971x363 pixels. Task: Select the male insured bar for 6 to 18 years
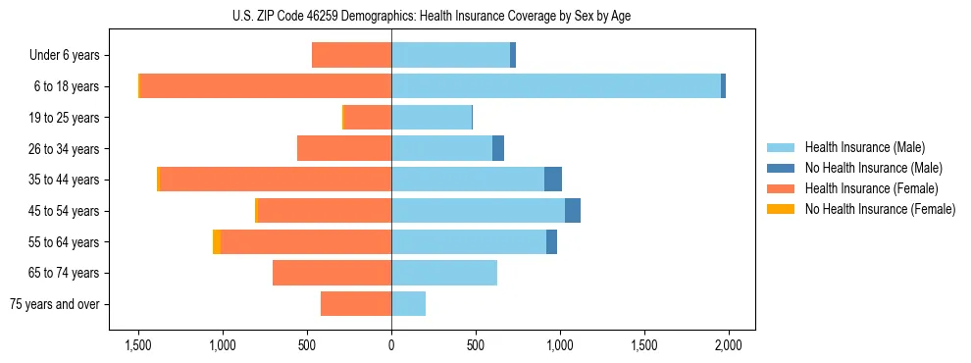[556, 86]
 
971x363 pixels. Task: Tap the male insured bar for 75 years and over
[409, 304]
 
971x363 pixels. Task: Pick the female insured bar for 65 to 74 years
[332, 273]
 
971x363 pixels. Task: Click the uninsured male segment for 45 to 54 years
[573, 211]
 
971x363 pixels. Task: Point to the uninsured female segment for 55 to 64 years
[217, 242]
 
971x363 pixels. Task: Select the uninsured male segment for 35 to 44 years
[553, 180]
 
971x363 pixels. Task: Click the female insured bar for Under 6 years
[352, 55]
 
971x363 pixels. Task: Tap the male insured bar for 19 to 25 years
[432, 118]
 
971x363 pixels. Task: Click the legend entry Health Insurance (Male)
[864, 147]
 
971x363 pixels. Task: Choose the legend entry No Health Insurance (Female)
[880, 209]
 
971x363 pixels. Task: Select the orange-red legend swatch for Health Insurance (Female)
[782, 188]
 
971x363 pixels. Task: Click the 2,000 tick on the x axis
[728, 344]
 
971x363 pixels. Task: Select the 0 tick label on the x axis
[391, 344]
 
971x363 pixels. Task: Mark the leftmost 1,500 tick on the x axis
[138, 344]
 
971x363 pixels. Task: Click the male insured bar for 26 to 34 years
[441, 148]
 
